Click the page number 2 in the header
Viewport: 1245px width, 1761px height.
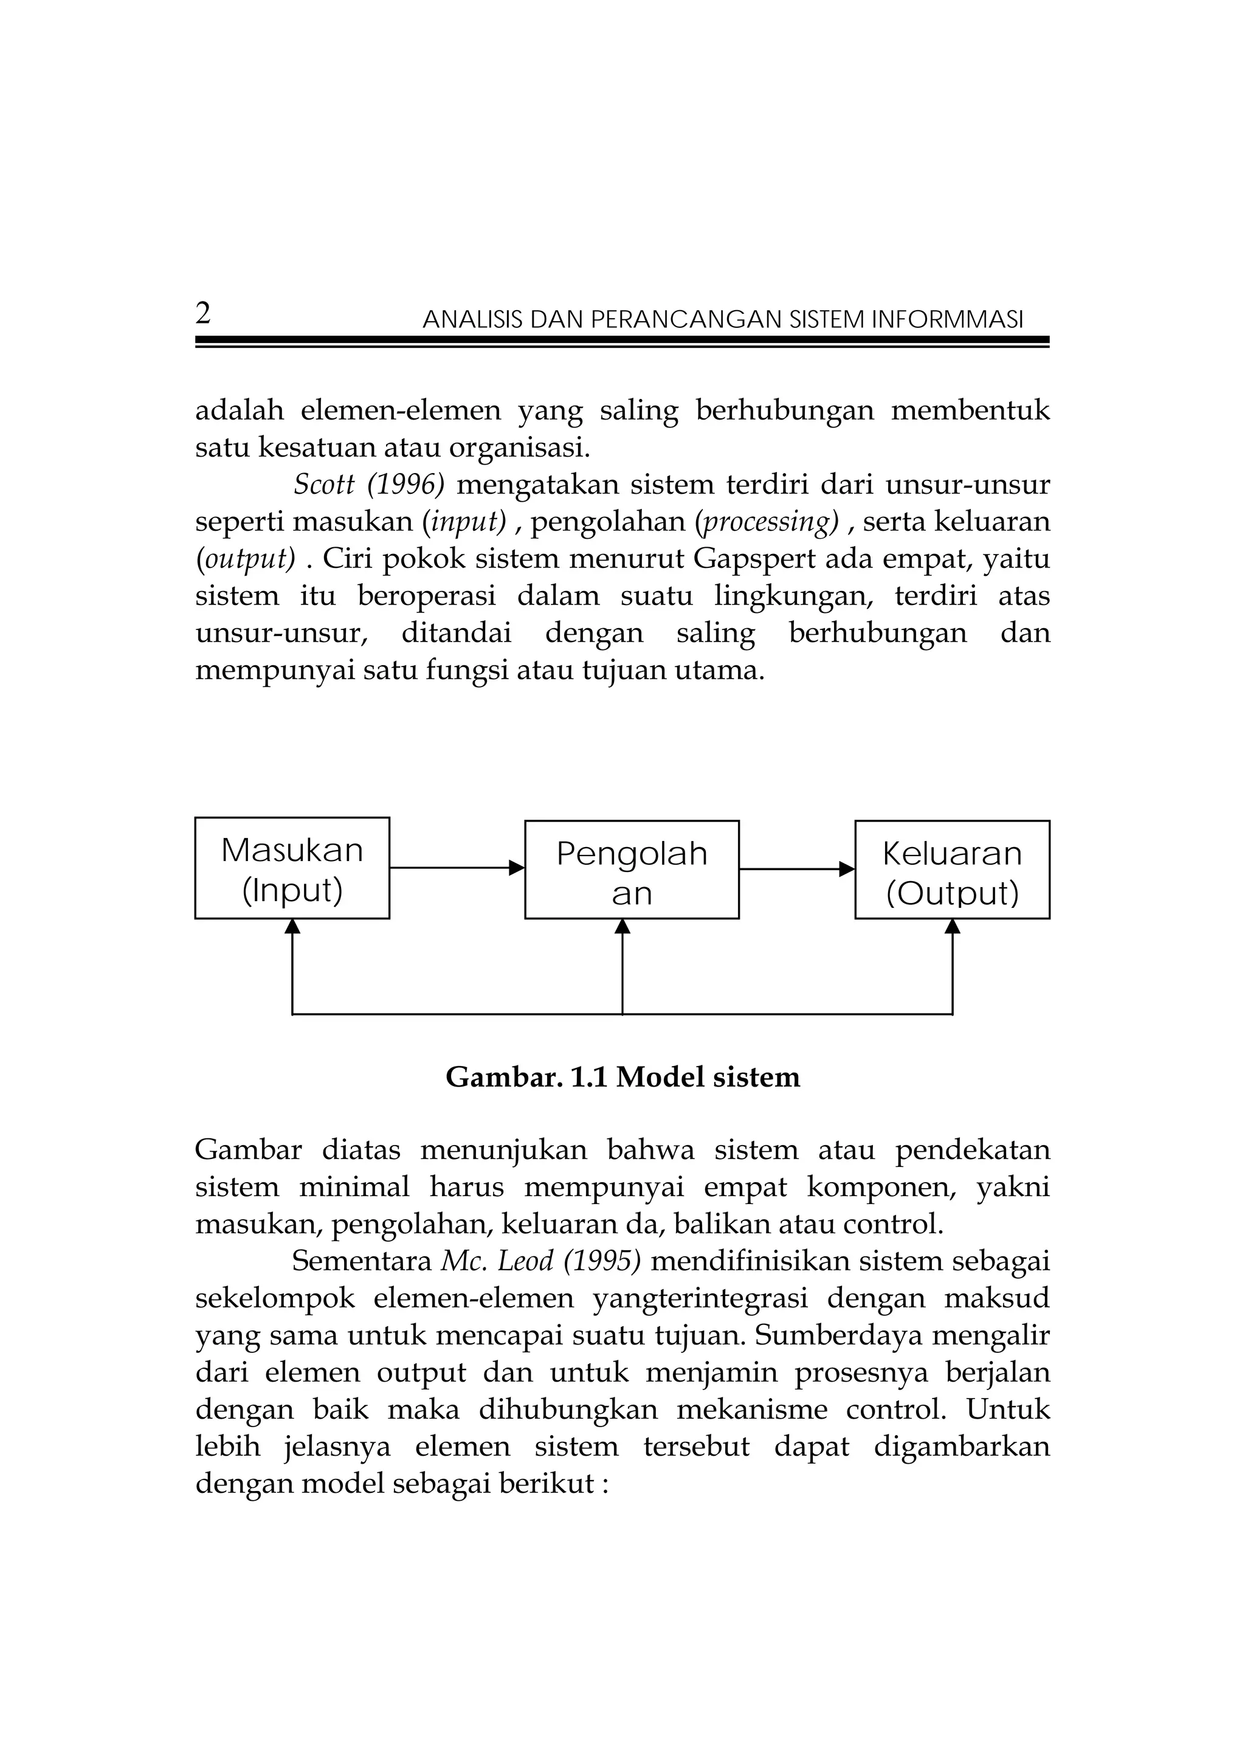(203, 314)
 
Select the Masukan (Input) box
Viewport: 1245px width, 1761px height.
(292, 868)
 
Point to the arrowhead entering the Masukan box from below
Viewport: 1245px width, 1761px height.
(292, 927)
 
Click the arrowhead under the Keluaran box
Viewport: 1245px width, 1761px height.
(952, 927)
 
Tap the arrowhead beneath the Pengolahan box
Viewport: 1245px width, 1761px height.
(622, 927)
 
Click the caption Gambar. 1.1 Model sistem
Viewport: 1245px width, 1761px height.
(622, 1078)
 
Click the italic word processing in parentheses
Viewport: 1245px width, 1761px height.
(767, 522)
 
